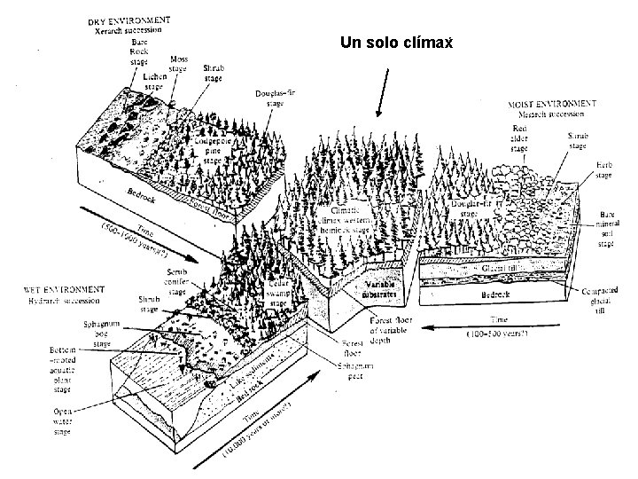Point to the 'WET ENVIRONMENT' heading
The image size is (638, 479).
[65, 289]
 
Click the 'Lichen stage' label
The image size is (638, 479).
[155, 83]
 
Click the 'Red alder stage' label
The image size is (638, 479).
[518, 138]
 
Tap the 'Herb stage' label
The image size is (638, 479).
[603, 170]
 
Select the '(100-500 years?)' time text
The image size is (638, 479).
[497, 334]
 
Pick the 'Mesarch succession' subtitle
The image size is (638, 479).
[546, 114]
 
